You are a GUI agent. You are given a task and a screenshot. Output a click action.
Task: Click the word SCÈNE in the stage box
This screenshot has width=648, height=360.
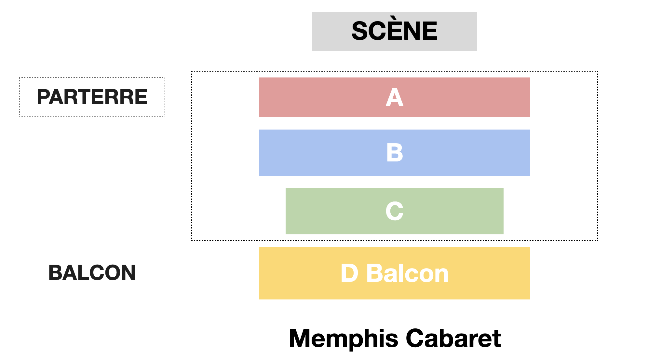point(394,31)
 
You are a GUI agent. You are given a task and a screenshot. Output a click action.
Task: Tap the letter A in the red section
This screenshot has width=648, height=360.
point(394,97)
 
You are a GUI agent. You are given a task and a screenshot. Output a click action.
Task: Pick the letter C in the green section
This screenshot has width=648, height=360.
point(394,211)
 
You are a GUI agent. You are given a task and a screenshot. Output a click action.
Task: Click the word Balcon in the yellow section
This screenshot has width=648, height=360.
point(407,273)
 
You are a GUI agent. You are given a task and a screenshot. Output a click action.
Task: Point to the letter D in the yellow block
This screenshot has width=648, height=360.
point(349,273)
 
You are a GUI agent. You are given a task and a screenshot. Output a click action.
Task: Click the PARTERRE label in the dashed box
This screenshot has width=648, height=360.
point(92,97)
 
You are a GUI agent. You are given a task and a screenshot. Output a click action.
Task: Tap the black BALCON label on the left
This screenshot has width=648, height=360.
point(92,273)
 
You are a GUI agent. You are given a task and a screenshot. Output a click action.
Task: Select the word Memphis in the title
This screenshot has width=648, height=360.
point(343,339)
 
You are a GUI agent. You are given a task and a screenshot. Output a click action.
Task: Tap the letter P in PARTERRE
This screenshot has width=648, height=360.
point(44,97)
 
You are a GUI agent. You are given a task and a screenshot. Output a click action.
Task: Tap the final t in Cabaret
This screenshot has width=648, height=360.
point(497,339)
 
